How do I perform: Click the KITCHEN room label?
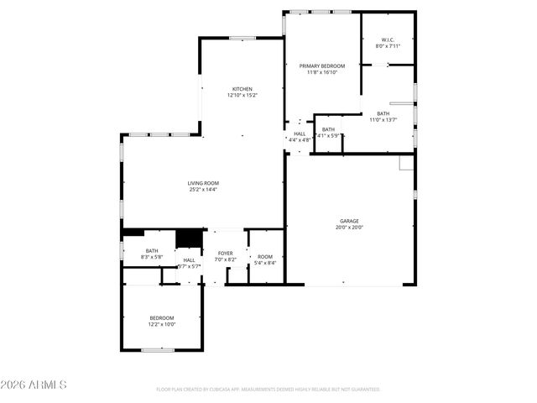[x=242, y=89]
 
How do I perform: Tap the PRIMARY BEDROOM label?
[x=322, y=65]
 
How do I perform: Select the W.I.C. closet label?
[x=388, y=39]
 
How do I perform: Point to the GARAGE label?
[x=349, y=221]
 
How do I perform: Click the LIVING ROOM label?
[x=203, y=183]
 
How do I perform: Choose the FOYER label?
[x=225, y=253]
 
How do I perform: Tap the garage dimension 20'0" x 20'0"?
[x=349, y=228]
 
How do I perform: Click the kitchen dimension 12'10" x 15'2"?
[x=242, y=96]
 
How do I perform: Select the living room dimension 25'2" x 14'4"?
[x=203, y=190]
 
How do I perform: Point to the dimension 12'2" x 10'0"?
[x=162, y=324]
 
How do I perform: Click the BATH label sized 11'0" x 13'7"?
[x=383, y=113]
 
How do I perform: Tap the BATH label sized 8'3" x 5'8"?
[x=152, y=250]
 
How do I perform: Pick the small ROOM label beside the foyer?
[x=265, y=256]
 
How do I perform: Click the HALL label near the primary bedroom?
[x=300, y=133]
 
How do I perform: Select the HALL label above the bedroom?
[x=189, y=260]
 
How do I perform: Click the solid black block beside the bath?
[x=189, y=238]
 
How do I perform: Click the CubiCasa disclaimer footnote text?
[x=268, y=390]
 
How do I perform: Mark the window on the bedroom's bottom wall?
[x=157, y=350]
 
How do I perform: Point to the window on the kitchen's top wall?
[x=242, y=38]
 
